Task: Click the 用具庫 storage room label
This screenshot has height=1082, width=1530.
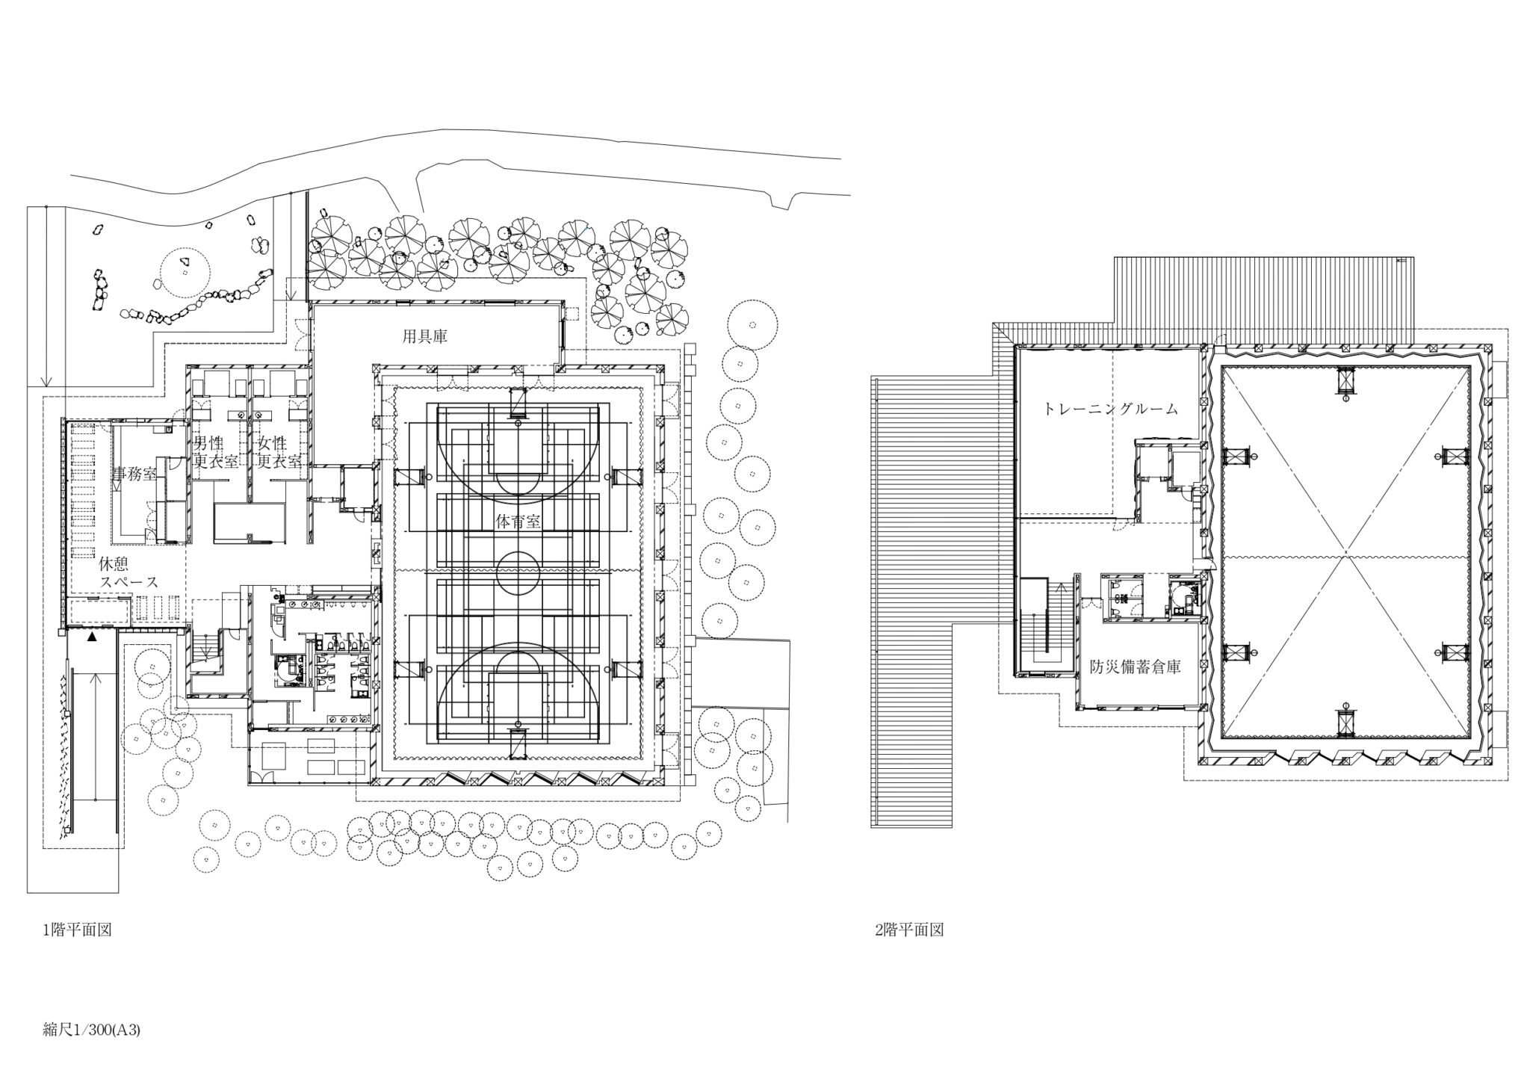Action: click(x=425, y=336)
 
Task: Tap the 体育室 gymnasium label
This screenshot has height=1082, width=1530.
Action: click(x=518, y=522)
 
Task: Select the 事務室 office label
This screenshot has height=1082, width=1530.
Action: click(x=135, y=473)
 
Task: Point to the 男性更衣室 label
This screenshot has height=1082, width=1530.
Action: click(x=216, y=453)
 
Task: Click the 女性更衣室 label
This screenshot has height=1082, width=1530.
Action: click(x=279, y=453)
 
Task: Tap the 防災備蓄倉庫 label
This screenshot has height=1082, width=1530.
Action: click(x=1135, y=668)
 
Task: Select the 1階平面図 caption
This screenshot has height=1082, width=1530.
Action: click(x=78, y=930)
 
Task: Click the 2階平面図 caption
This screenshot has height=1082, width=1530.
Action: click(x=908, y=930)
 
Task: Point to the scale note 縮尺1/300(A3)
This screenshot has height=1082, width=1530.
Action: click(x=92, y=1030)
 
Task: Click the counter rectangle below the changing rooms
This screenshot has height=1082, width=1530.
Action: click(x=250, y=522)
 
